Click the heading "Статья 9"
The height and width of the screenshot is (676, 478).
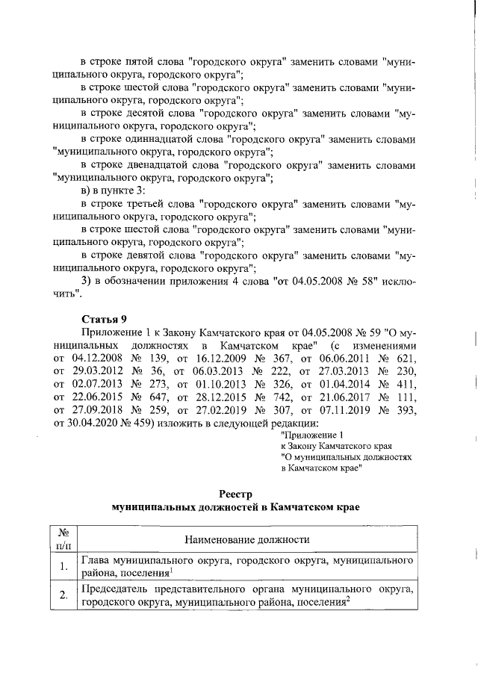click(x=102, y=319)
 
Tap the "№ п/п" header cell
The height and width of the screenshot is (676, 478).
click(x=63, y=539)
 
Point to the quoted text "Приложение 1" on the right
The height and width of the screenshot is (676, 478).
click(x=311, y=435)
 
